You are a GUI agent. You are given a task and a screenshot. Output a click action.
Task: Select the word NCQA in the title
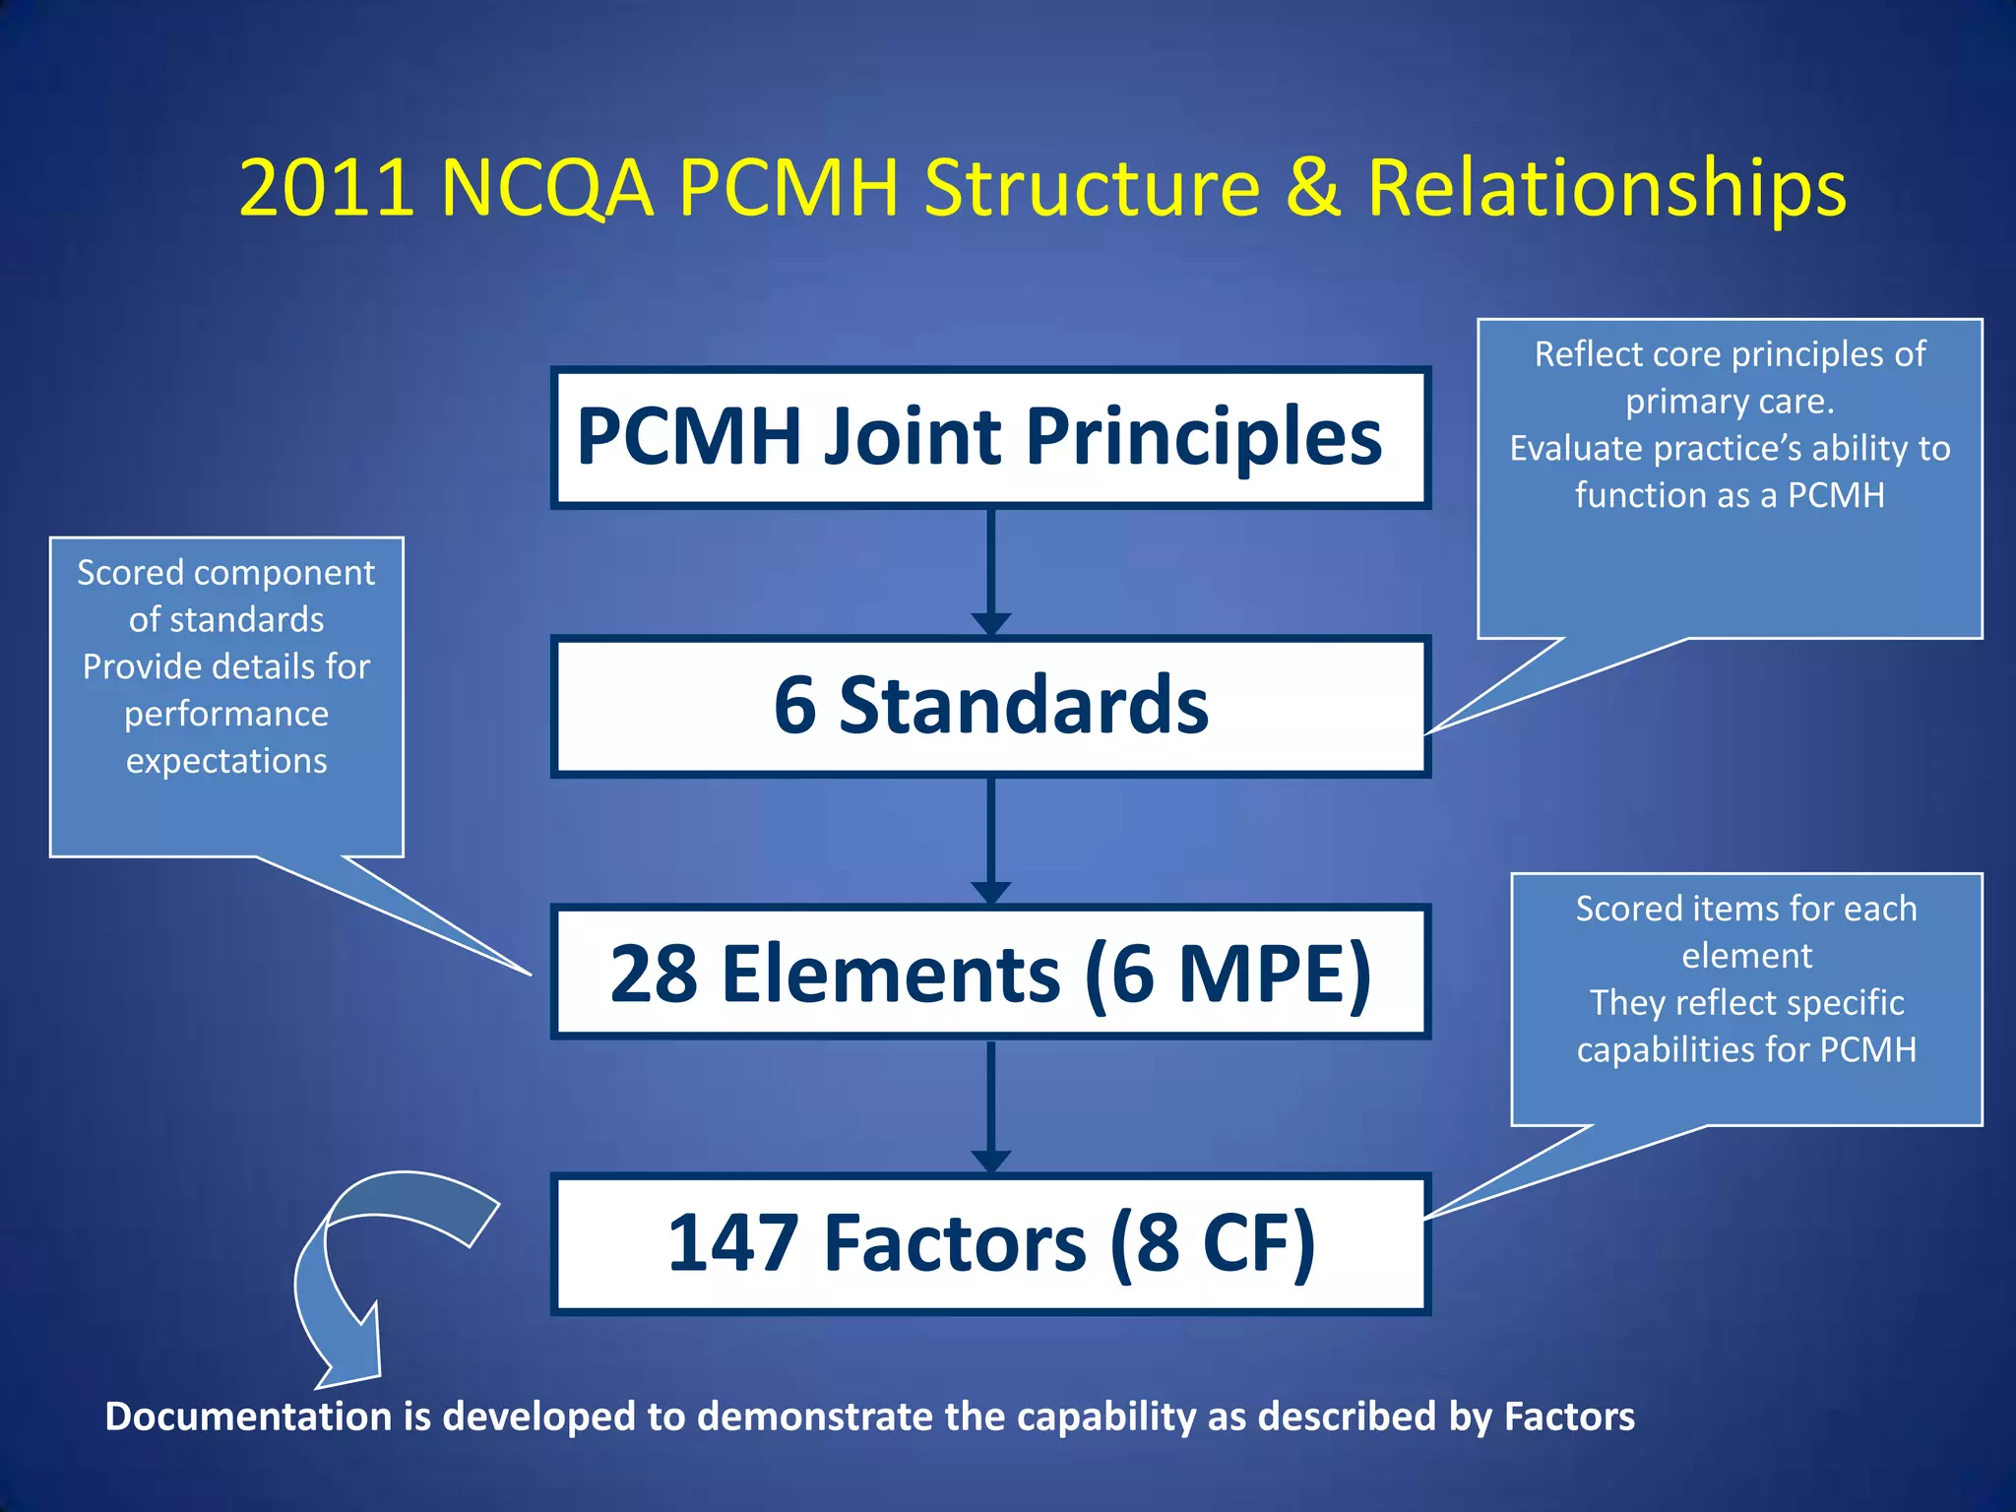[546, 187]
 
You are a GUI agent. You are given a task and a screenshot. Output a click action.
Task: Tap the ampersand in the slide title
[1313, 187]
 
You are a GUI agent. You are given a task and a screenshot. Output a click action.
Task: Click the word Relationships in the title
[1606, 189]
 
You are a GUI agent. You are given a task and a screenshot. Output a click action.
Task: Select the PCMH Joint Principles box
[990, 437]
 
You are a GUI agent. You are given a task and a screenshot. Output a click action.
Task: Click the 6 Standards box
[990, 706]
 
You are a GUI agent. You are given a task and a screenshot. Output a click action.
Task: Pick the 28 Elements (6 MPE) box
[990, 973]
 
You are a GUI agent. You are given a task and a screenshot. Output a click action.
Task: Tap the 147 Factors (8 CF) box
[990, 1243]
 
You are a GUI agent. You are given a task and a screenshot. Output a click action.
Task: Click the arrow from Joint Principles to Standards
[990, 571]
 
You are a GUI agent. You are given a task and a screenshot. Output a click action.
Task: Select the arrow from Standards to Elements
[990, 840]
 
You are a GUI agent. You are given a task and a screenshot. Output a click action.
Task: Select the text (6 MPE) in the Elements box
[1228, 974]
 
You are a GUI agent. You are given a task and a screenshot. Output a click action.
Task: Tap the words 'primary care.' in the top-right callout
[1730, 402]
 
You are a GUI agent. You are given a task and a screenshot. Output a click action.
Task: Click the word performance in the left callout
[226, 714]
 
